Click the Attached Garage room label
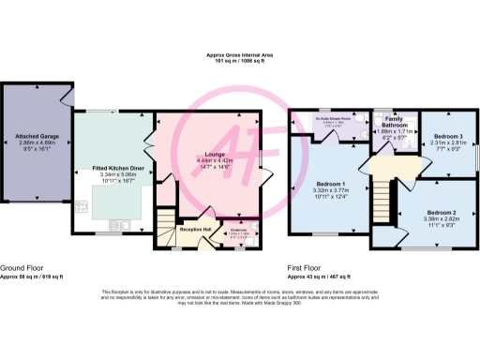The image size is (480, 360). tap(33, 136)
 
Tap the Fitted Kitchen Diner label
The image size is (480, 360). tap(117, 168)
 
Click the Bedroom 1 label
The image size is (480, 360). tap(331, 183)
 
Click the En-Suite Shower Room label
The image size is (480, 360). tap(335, 119)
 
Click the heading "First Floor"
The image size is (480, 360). tap(305, 267)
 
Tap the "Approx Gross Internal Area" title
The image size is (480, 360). tap(240, 57)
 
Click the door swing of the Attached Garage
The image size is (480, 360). tap(67, 94)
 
